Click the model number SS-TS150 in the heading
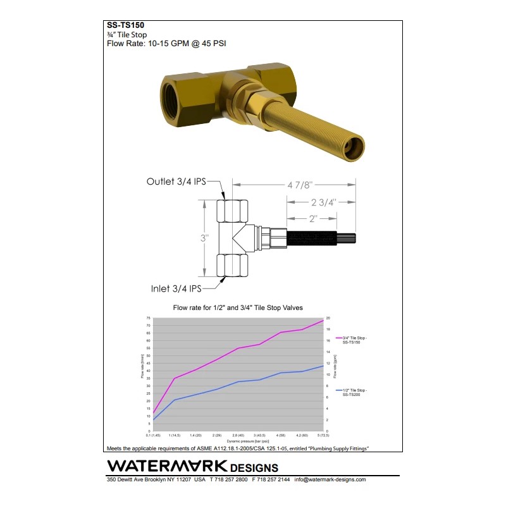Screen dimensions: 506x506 point(126,26)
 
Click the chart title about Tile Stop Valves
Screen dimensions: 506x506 point(238,308)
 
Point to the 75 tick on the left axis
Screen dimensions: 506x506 point(148,318)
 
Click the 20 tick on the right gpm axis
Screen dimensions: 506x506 point(328,318)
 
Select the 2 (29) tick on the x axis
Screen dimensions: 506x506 point(217,436)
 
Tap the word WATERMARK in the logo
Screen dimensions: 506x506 point(167,466)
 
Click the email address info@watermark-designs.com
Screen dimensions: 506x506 point(330,479)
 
